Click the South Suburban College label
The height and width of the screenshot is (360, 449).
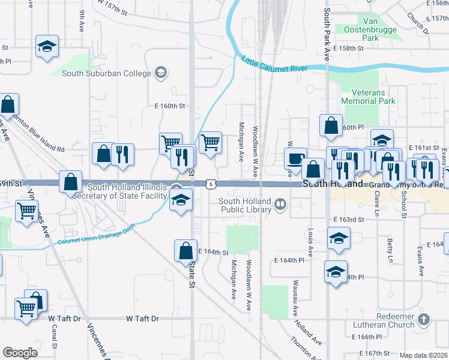click(x=107, y=73)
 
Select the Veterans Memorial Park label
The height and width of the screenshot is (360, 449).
click(x=368, y=97)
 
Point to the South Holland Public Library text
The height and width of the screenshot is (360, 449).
click(x=245, y=206)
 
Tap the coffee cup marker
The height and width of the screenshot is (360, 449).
click(x=295, y=158)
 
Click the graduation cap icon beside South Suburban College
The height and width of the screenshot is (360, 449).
click(x=160, y=73)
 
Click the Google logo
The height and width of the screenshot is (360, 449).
click(x=20, y=352)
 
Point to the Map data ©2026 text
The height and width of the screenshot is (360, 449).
click(x=423, y=355)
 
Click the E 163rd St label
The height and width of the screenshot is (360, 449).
click(x=349, y=220)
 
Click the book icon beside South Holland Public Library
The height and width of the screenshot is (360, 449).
click(x=280, y=206)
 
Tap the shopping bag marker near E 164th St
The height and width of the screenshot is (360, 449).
click(x=185, y=251)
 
